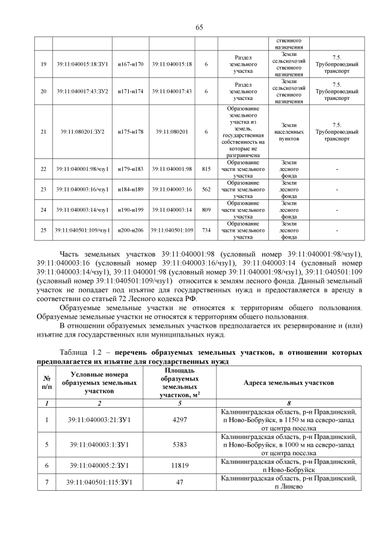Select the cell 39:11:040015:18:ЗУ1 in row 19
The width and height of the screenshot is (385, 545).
[82, 64]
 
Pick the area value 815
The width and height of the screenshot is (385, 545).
[206, 169]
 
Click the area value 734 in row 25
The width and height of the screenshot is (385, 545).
[206, 230]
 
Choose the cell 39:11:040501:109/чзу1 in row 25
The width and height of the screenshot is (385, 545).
[82, 230]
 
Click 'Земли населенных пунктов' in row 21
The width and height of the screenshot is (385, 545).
[289, 131]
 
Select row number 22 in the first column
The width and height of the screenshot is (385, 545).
[43, 169]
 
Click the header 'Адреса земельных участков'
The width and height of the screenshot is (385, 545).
[288, 383]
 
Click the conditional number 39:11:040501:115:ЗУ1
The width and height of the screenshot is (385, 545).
[100, 482]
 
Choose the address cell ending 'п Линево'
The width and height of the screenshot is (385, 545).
[288, 482]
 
